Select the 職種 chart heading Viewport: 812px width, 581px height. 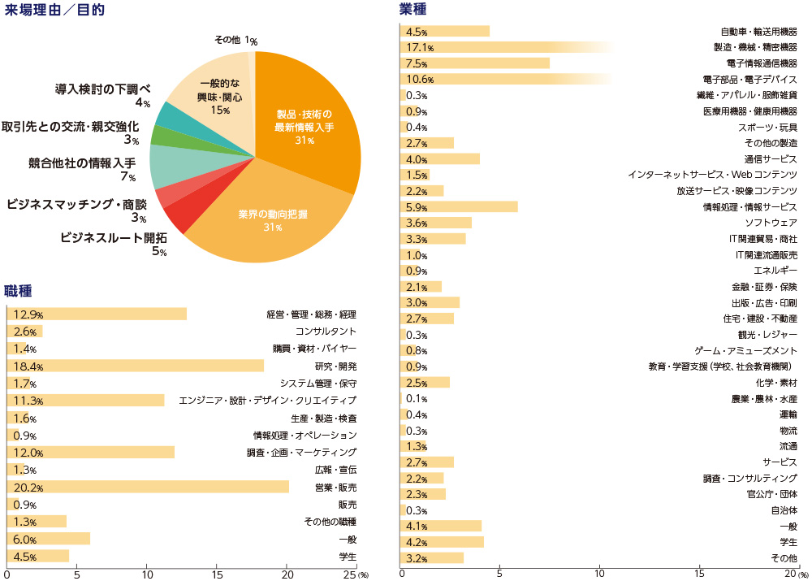19,290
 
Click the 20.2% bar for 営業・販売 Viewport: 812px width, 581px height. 147,487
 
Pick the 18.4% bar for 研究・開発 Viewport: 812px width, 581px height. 135,366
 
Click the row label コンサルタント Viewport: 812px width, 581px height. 326,332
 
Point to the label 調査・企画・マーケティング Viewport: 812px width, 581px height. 301,453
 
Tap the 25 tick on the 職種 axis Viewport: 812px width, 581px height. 348,573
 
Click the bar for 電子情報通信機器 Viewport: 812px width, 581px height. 474,63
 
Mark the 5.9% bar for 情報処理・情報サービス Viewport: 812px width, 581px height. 459,206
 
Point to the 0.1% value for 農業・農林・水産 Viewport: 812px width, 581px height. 417,398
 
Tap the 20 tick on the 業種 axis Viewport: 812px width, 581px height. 795,573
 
